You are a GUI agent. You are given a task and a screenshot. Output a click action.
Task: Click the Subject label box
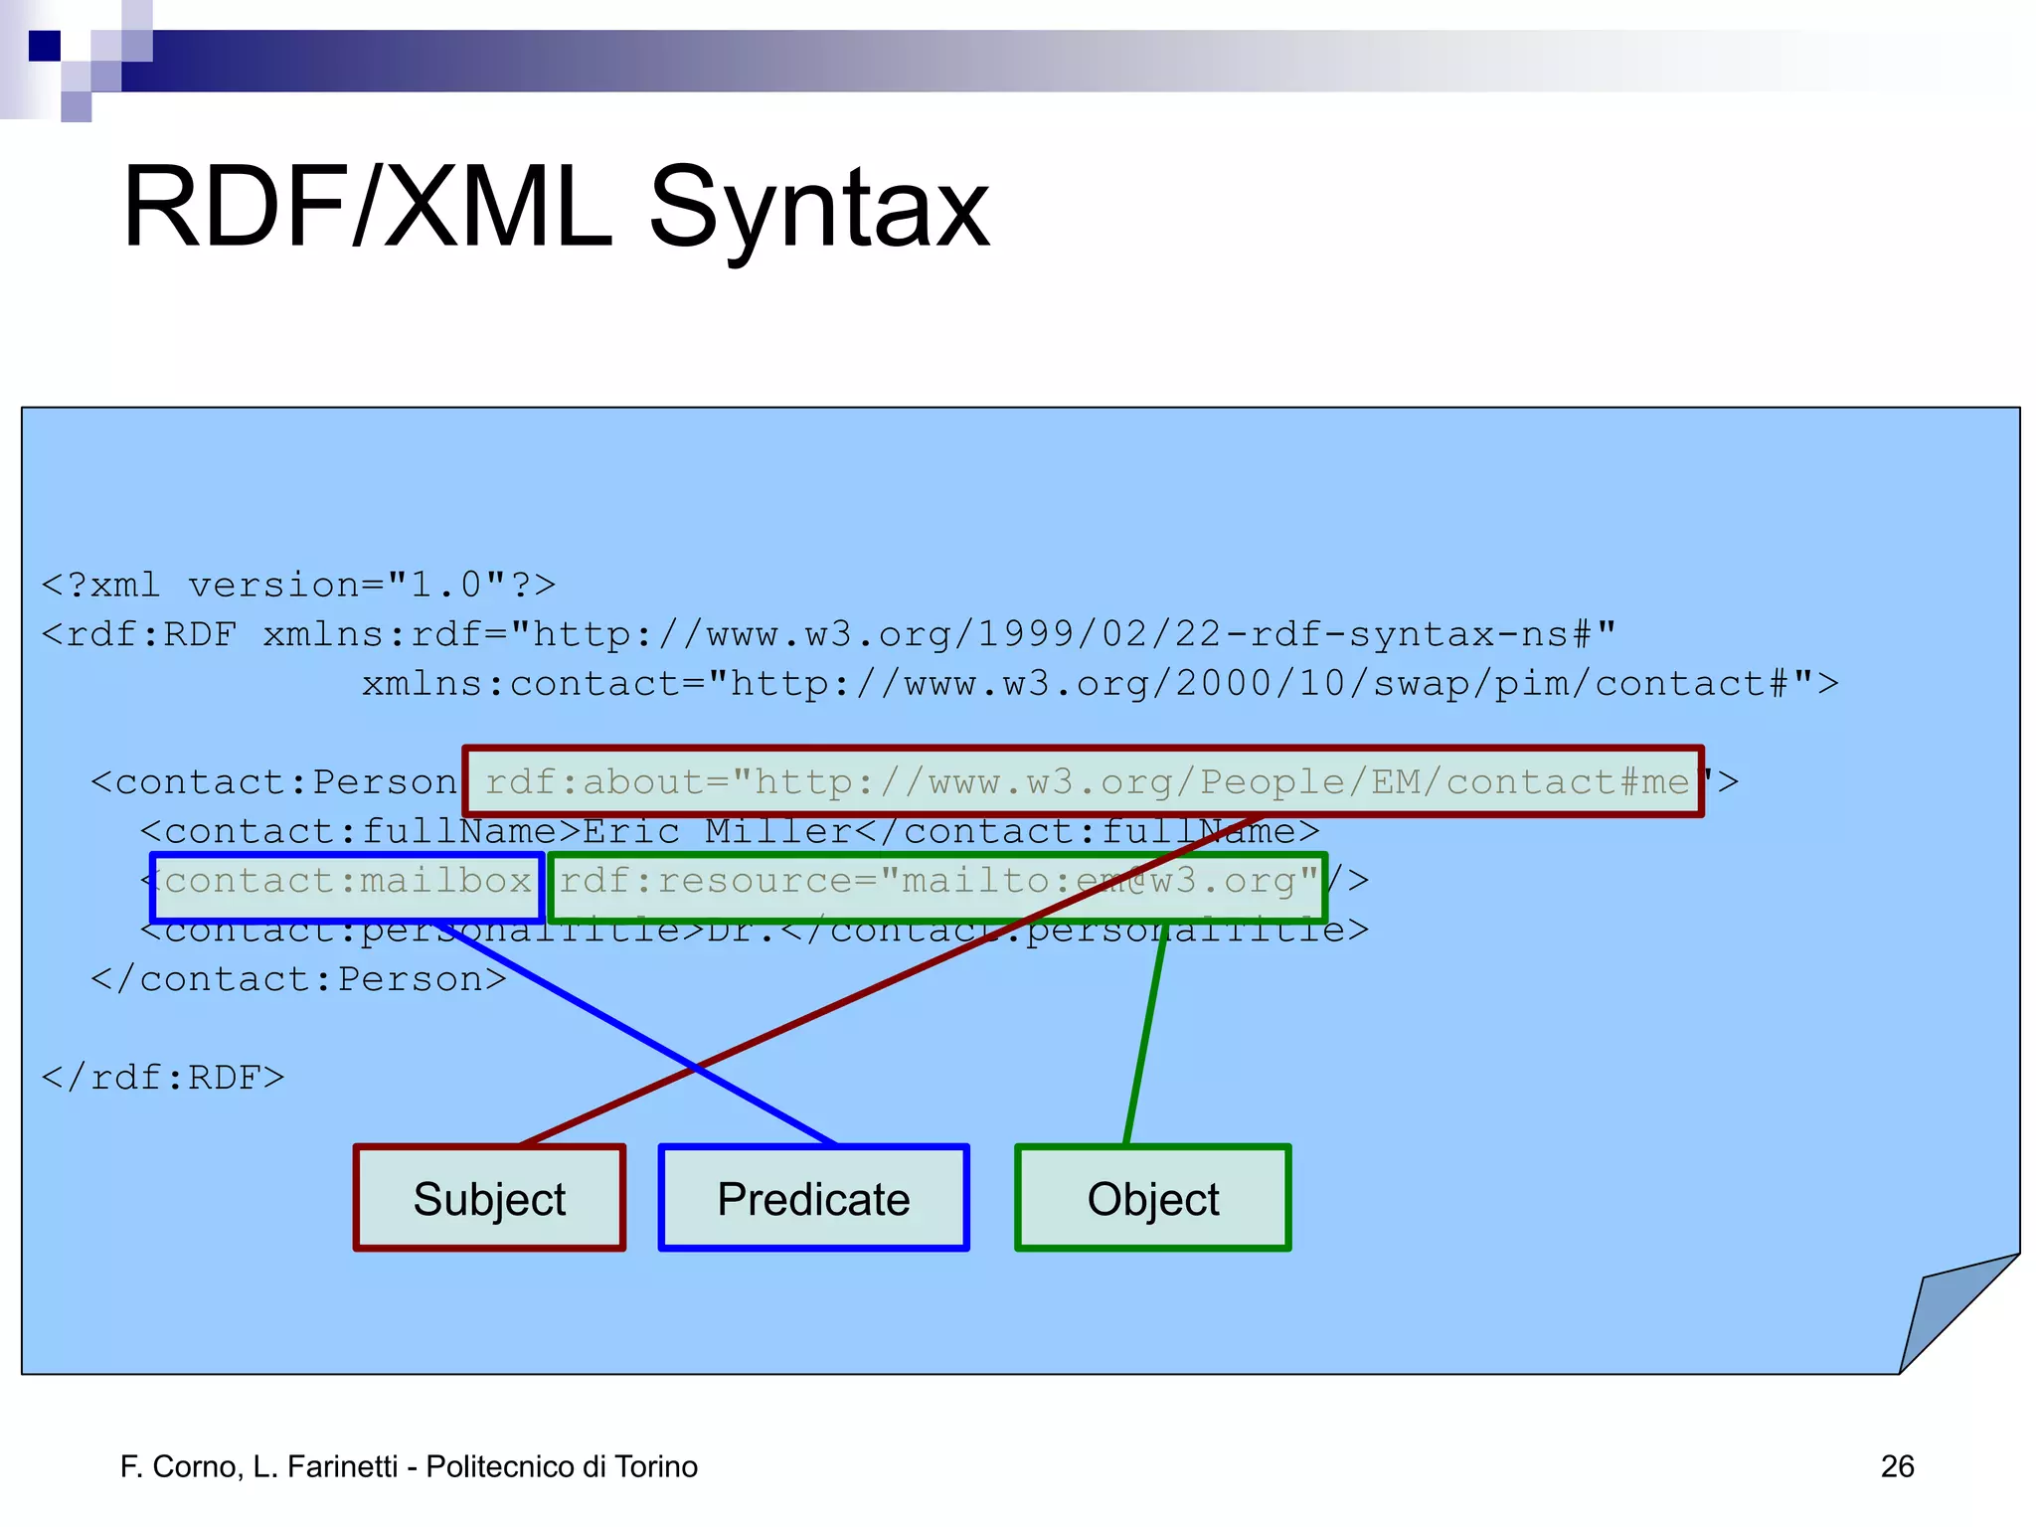(489, 1198)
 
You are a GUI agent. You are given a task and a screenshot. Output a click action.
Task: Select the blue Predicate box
(813, 1198)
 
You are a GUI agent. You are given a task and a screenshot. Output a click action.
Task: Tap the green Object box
(1152, 1198)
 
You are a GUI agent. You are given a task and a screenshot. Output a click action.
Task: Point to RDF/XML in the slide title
(368, 209)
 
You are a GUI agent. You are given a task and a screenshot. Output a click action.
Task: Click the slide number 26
(1897, 1466)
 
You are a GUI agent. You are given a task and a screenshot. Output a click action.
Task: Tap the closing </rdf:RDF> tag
(163, 1078)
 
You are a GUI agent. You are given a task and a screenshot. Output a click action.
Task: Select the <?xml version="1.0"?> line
(298, 585)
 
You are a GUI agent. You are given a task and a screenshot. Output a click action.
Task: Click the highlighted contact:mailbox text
(348, 882)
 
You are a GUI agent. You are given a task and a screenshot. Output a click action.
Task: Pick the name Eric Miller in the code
(716, 831)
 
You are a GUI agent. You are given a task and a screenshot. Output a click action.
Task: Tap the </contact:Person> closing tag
(298, 979)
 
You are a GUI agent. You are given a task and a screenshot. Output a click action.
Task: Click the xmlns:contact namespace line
(1099, 684)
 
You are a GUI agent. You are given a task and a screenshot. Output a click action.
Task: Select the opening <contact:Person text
(274, 782)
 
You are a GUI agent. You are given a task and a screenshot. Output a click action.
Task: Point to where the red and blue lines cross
(696, 1067)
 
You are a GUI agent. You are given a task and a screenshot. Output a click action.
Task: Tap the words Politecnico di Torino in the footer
(562, 1466)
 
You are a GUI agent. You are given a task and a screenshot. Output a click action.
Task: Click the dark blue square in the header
(45, 46)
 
